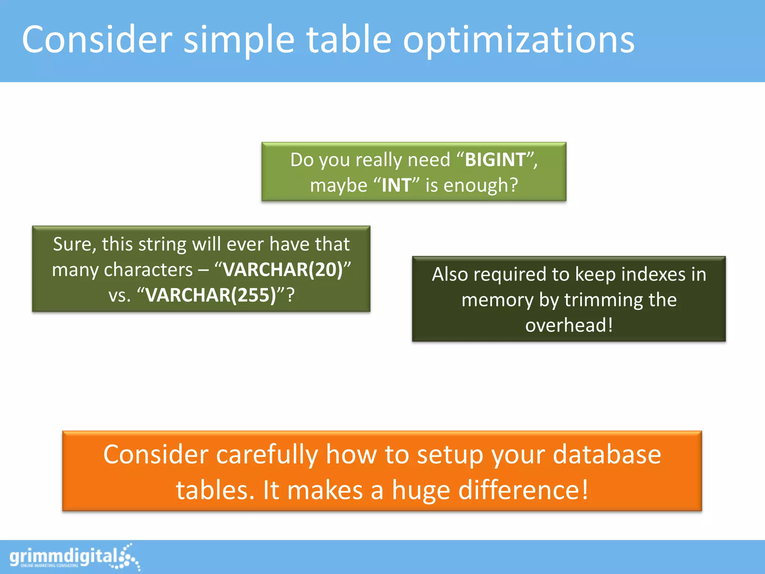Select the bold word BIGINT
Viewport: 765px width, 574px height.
click(x=495, y=160)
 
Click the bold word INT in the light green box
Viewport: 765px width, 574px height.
click(x=396, y=185)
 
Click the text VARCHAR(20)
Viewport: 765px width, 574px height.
click(x=283, y=269)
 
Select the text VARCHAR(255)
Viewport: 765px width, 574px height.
click(x=211, y=295)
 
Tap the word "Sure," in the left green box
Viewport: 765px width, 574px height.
click(x=75, y=244)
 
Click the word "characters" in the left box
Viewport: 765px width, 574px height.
click(x=148, y=269)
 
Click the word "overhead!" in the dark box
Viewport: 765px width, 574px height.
click(x=569, y=325)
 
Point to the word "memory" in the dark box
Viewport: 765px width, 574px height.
click(x=498, y=300)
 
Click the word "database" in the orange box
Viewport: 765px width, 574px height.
click(x=607, y=455)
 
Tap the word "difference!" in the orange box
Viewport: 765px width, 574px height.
click(x=523, y=490)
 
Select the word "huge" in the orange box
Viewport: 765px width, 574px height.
click(x=421, y=491)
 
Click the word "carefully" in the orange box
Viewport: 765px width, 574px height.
click(x=267, y=455)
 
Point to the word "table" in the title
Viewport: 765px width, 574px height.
click(x=349, y=39)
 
